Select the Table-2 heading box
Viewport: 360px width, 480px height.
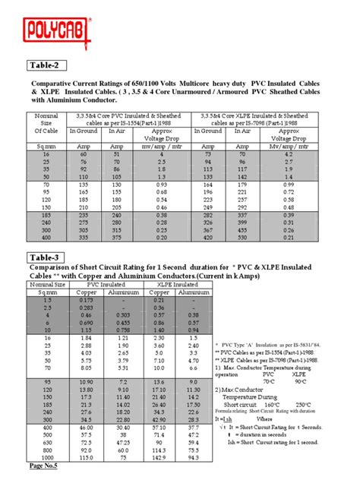pyautogui.click(x=49, y=65)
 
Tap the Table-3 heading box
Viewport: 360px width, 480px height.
pyautogui.click(x=49, y=257)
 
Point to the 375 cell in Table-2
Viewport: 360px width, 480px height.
pyautogui.click(x=118, y=237)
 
